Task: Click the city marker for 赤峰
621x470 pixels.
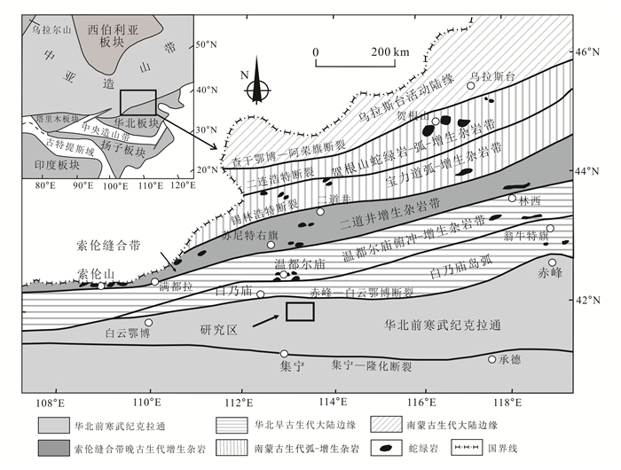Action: tap(553, 262)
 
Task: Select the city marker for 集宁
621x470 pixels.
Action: tap(284, 354)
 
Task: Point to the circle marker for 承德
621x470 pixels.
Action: tap(492, 359)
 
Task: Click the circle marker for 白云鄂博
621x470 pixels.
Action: tap(149, 323)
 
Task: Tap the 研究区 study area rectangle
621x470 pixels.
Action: tap(300, 311)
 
